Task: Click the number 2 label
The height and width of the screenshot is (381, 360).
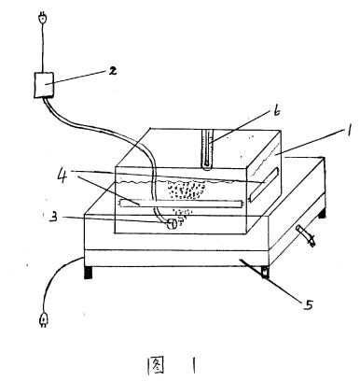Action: tap(112, 71)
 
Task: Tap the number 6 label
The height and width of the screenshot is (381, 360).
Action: tap(276, 111)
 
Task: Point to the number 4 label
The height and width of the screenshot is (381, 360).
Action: tap(63, 176)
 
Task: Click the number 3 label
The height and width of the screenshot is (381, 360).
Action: tap(53, 217)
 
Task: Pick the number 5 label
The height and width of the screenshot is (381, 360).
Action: tap(308, 304)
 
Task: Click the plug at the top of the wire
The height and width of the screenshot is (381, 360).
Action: tap(43, 18)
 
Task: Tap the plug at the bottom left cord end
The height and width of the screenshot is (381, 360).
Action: tap(43, 319)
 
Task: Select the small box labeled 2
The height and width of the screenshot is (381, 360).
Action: tap(44, 85)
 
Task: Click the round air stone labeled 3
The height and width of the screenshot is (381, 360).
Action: tap(172, 224)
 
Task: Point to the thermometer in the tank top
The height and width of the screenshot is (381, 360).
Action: tap(207, 149)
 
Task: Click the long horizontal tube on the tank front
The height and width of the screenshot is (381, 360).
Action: tap(182, 204)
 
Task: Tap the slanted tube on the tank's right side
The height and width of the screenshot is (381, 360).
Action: tap(264, 183)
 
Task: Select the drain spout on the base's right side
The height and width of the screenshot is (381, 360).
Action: tap(306, 235)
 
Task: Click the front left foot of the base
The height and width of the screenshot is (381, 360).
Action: tap(89, 272)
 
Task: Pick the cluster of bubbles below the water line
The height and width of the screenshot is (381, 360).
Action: tap(186, 190)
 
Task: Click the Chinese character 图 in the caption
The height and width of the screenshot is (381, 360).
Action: tap(156, 364)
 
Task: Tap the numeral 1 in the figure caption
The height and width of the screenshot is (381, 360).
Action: tap(194, 365)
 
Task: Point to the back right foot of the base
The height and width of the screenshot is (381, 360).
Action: tap(322, 213)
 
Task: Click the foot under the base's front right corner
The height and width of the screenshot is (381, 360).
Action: tap(265, 272)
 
